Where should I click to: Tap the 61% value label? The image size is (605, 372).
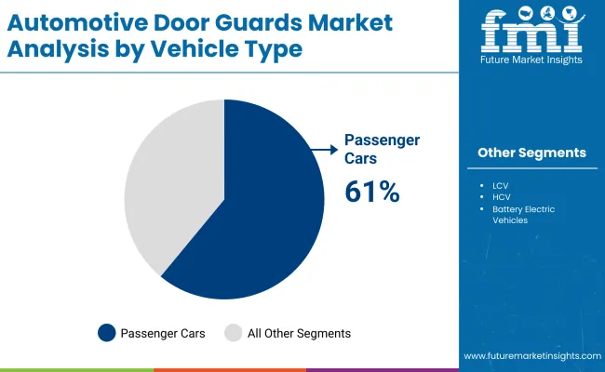[x=371, y=192]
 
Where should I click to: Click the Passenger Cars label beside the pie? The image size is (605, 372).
[x=382, y=149]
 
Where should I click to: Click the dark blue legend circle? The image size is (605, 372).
[x=106, y=332]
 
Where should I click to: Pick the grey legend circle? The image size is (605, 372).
[x=232, y=332]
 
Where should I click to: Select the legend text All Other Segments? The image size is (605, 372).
[x=299, y=332]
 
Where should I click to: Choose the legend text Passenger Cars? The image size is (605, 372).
[x=165, y=332]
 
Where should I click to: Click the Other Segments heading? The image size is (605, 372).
[x=531, y=153]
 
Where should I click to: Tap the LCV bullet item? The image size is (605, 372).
[x=502, y=185]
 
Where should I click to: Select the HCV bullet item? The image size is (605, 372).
[x=503, y=197]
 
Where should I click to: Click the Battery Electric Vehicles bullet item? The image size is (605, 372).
[x=523, y=215]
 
